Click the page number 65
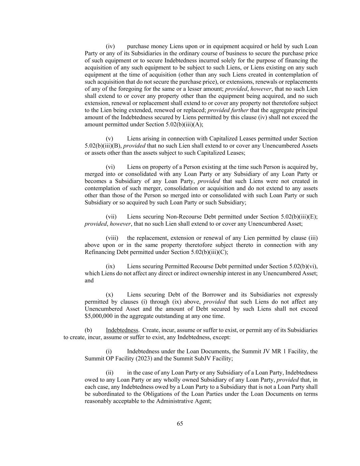(180, 424)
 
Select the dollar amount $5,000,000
(99, 316)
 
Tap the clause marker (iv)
(110, 46)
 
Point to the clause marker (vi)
(110, 167)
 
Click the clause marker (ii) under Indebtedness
(109, 373)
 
